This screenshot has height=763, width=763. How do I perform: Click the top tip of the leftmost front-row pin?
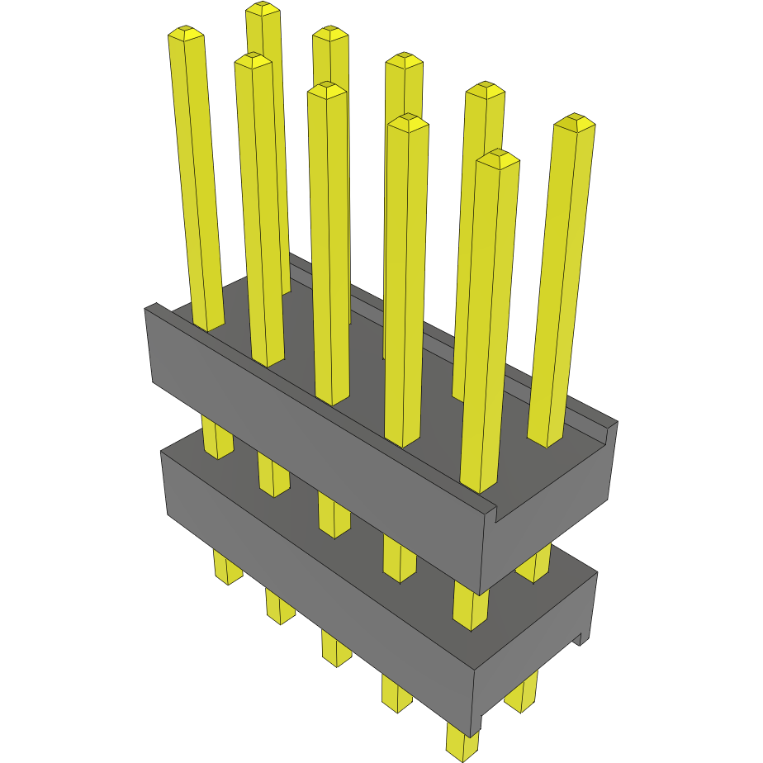186,33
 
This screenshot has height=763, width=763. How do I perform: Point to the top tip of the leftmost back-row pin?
263,9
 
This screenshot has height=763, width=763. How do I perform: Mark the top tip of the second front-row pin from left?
253,60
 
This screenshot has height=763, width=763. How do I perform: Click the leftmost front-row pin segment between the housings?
217,438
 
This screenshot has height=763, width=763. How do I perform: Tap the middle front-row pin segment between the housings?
334,516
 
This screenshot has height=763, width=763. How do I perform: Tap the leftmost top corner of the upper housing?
149,308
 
